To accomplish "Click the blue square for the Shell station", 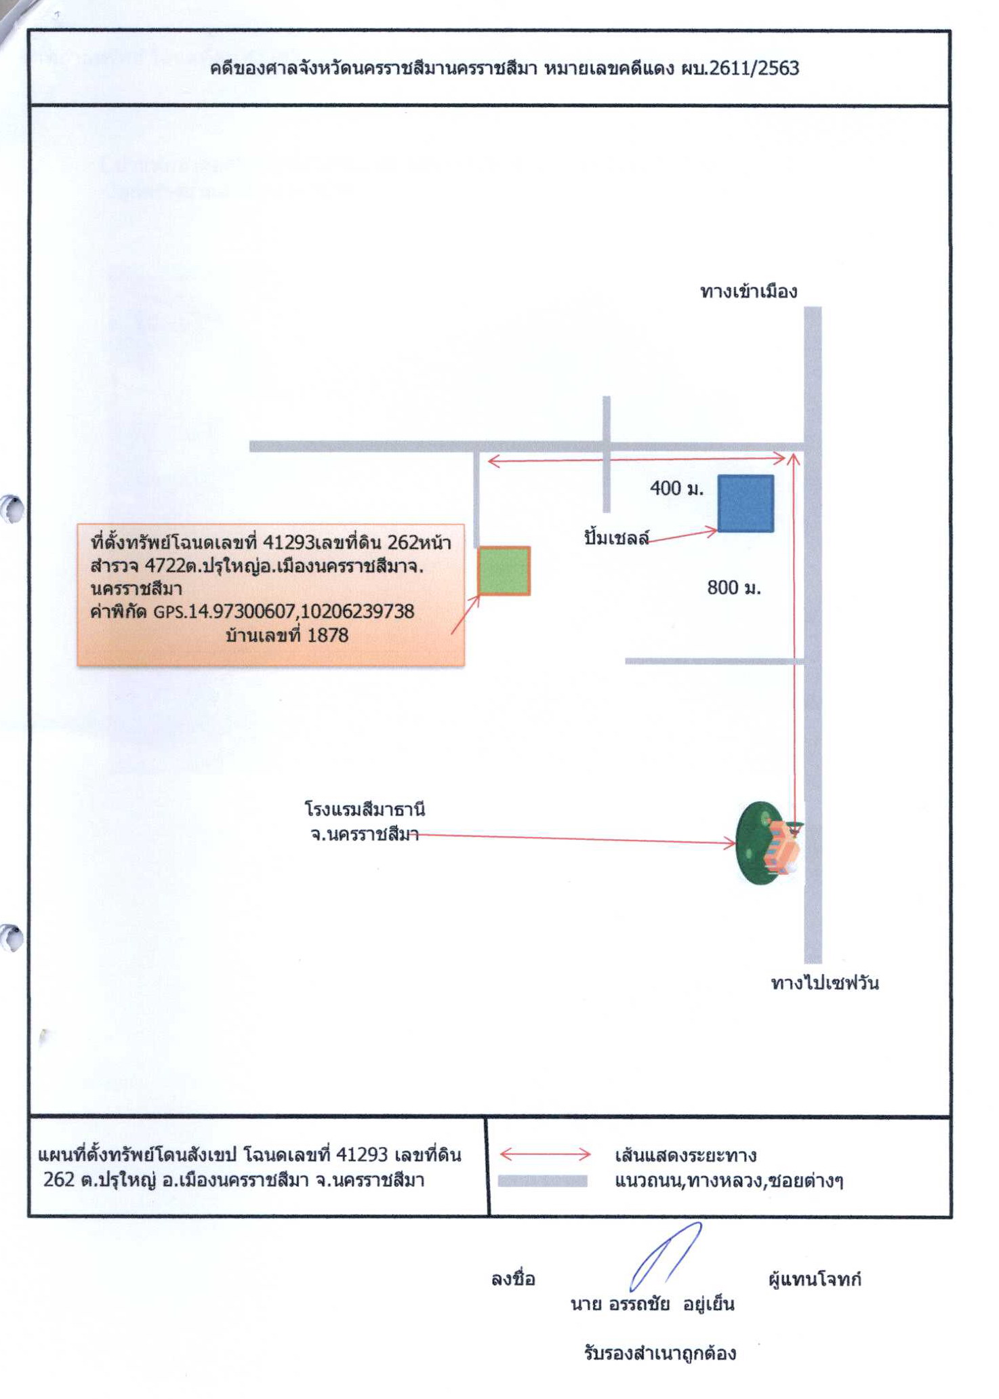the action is (746, 503).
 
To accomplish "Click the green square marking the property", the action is (504, 571).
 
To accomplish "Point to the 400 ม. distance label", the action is (676, 488).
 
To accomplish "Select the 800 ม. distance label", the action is (734, 587).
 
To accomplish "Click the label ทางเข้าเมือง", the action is (748, 291).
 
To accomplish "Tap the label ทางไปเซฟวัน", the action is (825, 982).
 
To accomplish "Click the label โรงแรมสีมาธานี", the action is (365, 809).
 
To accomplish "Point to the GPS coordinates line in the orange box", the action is (252, 611).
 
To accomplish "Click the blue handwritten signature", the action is (664, 1256).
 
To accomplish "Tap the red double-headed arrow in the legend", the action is (546, 1154).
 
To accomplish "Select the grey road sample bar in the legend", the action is (542, 1181).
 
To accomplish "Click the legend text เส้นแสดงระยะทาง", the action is (685, 1154).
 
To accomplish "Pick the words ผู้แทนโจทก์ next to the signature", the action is (815, 1279).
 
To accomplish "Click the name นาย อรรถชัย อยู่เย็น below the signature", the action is (653, 1304).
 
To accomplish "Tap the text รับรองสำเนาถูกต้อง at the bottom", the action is (659, 1354).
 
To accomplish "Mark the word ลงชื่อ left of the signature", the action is (513, 1279).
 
